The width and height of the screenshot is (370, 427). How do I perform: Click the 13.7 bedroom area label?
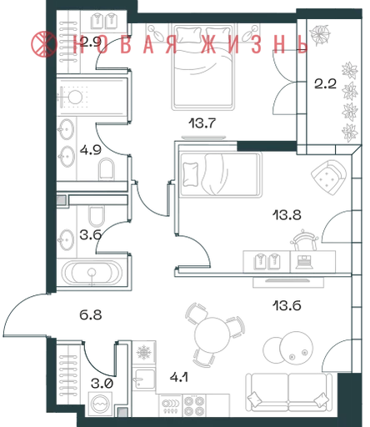pos(202,123)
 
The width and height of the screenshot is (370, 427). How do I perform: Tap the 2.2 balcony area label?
pos(325,83)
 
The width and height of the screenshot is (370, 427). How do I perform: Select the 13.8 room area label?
pos(287,215)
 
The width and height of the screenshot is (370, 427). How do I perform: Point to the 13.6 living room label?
pos(287,305)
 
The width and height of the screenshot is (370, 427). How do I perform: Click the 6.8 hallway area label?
pos(91,315)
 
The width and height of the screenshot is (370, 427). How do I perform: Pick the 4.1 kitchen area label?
pos(179,377)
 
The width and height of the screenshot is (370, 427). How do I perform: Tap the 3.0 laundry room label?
pos(102,384)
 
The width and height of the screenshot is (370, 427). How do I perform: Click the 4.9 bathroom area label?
pos(91,150)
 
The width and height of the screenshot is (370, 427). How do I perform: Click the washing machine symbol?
pos(100,404)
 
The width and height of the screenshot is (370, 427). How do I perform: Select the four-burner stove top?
pos(194,405)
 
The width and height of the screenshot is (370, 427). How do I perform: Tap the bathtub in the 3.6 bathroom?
pos(92,273)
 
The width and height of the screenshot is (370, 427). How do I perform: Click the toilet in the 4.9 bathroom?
pos(107,168)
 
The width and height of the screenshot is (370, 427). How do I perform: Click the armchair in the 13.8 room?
pos(328,178)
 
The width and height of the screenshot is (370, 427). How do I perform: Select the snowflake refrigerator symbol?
pos(144,352)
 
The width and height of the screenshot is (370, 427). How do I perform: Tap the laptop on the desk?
pos(304,262)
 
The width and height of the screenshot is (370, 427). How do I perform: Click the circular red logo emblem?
pos(43,44)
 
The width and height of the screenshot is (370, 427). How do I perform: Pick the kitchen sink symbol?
pos(143,379)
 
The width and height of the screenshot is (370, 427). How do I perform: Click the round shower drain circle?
pos(75,98)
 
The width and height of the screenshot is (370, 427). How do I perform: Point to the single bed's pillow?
pos(190,174)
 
